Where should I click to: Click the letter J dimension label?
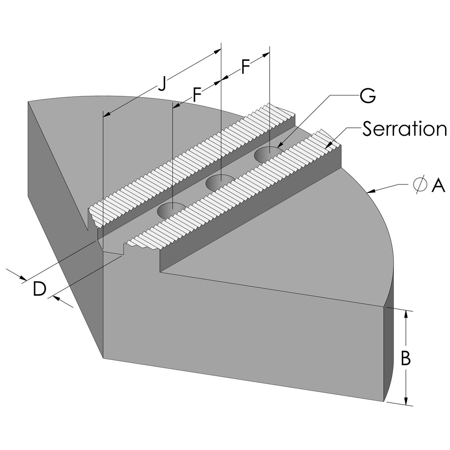(163, 83)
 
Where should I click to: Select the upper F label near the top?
(245, 67)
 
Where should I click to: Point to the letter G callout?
(368, 95)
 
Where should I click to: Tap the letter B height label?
(405, 358)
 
